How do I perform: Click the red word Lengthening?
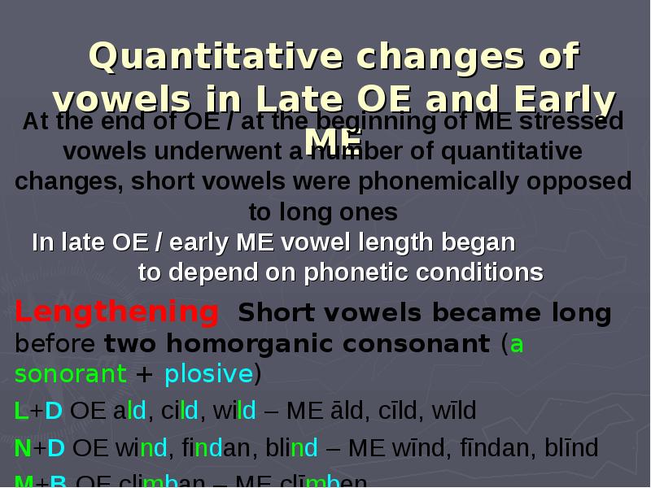(x=116, y=312)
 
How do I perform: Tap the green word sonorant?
(x=71, y=374)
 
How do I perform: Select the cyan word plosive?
(x=209, y=374)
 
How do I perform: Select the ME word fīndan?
(x=492, y=448)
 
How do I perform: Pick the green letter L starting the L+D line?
(x=20, y=411)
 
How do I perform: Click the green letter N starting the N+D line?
(x=22, y=448)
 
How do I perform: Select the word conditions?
(x=478, y=272)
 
